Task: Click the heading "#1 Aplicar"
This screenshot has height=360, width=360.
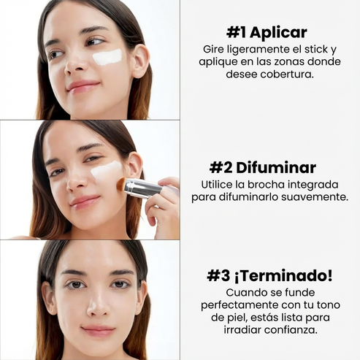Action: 266,32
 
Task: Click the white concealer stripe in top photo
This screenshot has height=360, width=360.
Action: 108,57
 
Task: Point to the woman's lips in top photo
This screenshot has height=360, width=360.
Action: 83,85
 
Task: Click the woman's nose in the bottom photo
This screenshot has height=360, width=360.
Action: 94,307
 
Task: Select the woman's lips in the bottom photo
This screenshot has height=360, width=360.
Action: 97,330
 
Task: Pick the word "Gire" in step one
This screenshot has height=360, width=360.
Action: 215,49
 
